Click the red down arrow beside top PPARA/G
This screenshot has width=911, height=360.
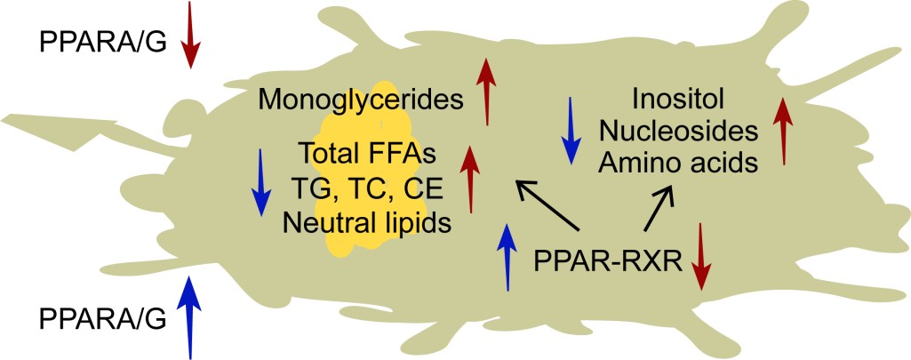[188, 36]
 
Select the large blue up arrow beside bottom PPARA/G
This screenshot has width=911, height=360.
[188, 315]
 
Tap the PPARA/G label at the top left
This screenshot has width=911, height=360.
[102, 42]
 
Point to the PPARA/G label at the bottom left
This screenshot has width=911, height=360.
[102, 317]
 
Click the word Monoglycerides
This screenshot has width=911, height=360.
[362, 99]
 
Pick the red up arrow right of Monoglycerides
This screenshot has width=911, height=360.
[486, 91]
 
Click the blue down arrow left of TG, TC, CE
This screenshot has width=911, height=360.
[260, 182]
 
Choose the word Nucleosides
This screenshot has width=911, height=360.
[680, 131]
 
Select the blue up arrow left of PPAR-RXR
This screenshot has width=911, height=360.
[507, 257]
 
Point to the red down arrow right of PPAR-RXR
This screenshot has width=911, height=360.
[701, 257]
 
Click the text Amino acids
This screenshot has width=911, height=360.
[680, 164]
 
